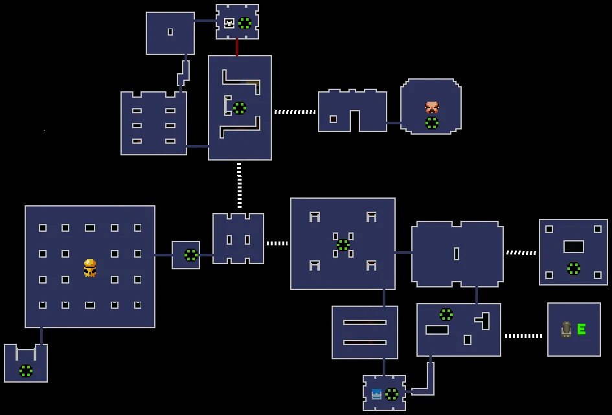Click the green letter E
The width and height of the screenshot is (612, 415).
pyautogui.click(x=582, y=330)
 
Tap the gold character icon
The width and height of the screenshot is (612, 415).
pyautogui.click(x=90, y=267)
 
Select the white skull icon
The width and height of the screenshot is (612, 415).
pyautogui.click(x=229, y=23)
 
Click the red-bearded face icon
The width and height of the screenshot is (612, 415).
pyautogui.click(x=431, y=107)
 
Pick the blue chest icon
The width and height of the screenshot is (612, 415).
pyautogui.click(x=376, y=394)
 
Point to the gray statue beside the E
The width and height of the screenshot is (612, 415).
pyautogui.click(x=567, y=330)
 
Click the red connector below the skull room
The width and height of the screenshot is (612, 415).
pyautogui.click(x=237, y=47)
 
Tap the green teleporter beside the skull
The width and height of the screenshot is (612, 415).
pyautogui.click(x=245, y=23)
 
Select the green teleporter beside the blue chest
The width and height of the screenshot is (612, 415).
pyautogui.click(x=392, y=394)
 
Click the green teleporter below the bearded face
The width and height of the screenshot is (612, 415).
pyautogui.click(x=431, y=123)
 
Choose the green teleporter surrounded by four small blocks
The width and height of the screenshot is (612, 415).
pyautogui.click(x=343, y=245)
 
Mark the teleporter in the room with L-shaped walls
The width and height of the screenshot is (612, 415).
pyautogui.click(x=240, y=108)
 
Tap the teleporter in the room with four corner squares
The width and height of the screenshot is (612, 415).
pyautogui.click(x=574, y=268)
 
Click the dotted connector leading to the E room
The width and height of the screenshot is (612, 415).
pyautogui.click(x=523, y=336)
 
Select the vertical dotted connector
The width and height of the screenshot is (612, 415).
pyautogui.click(x=239, y=185)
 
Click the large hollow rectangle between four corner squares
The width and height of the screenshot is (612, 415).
pyautogui.click(x=574, y=247)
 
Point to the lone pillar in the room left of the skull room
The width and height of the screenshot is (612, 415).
pyautogui.click(x=170, y=32)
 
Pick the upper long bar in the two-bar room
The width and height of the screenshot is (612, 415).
pyautogui.click(x=365, y=322)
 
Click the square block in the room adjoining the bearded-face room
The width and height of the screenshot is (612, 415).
pyautogui.click(x=334, y=119)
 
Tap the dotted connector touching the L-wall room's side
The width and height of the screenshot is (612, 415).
pyautogui.click(x=295, y=112)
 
